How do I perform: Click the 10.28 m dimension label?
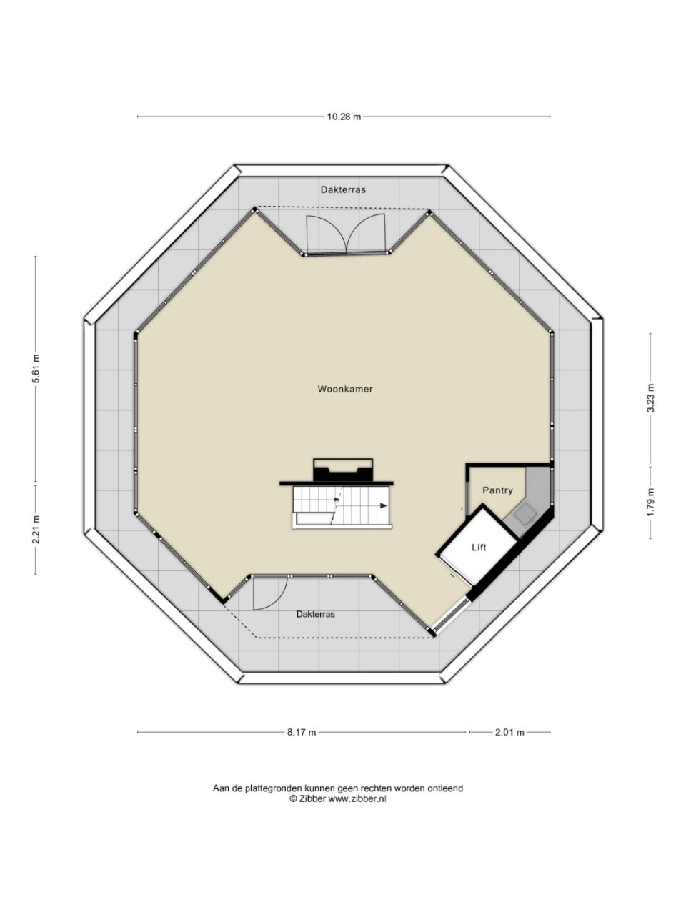(x=344, y=117)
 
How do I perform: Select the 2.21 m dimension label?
(x=36, y=528)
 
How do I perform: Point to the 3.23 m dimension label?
(x=650, y=397)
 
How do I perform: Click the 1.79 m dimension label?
(x=650, y=502)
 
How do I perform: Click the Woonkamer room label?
(x=345, y=389)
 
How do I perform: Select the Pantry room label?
(x=497, y=490)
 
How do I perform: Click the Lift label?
(x=479, y=548)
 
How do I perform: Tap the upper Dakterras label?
(x=343, y=189)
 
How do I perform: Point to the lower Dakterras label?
(x=315, y=614)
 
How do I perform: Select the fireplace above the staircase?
(x=343, y=470)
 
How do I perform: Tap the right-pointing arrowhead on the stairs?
(x=383, y=505)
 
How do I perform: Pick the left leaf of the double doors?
(x=325, y=234)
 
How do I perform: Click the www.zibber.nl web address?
(x=357, y=798)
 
